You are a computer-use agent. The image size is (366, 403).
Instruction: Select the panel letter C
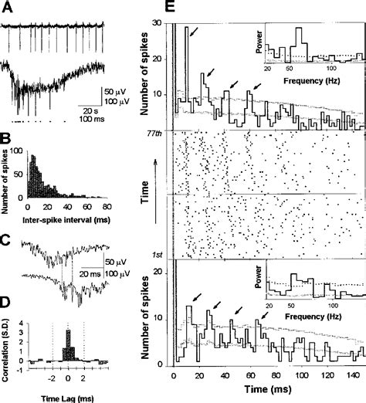coord(6,238)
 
